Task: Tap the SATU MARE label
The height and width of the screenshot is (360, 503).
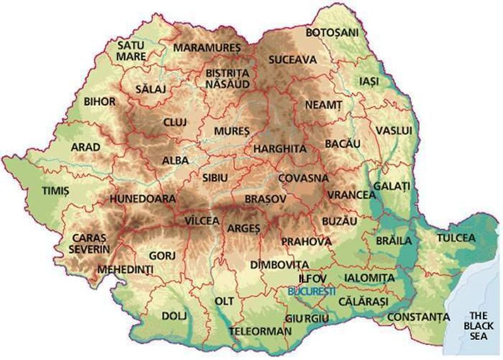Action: [131, 50]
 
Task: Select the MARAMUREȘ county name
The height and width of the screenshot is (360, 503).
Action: [207, 48]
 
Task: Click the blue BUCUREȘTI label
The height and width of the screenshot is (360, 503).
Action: [311, 291]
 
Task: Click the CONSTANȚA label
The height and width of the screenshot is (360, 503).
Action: [418, 316]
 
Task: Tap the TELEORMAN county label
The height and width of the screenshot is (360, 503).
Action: [260, 330]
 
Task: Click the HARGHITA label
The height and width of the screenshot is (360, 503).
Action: [279, 149]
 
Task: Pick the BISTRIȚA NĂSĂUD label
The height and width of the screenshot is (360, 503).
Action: [228, 78]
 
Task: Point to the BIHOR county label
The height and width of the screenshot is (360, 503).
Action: [99, 101]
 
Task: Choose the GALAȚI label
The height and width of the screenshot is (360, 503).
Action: [391, 186]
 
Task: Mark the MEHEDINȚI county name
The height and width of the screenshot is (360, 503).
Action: [125, 270]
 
